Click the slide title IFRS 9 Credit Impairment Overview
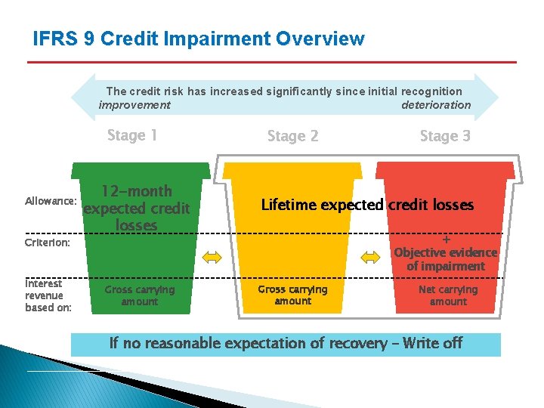(199, 39)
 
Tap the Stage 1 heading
(132, 135)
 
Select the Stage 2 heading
(293, 136)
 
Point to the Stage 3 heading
(445, 136)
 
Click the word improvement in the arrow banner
(134, 105)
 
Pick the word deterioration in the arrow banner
(436, 105)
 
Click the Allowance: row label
(51, 202)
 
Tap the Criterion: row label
(48, 243)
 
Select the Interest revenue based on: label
(48, 295)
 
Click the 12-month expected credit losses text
(137, 208)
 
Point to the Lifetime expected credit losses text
(367, 205)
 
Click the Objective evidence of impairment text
(446, 259)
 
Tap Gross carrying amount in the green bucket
(140, 295)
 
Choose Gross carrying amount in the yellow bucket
(293, 295)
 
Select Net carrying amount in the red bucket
(448, 295)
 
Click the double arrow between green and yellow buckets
(212, 258)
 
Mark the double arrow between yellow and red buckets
(370, 258)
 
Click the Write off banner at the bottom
(286, 344)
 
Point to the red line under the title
(272, 62)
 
